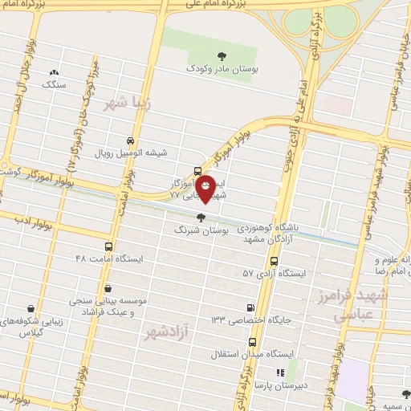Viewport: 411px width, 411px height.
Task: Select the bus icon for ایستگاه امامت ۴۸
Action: (109, 246)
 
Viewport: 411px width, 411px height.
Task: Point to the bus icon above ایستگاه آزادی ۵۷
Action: (275, 261)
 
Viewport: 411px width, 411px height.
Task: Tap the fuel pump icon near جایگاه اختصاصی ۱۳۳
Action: (252, 307)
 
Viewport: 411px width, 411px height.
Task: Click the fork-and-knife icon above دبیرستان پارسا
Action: (281, 372)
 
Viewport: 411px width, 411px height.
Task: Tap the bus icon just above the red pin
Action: (197, 170)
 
